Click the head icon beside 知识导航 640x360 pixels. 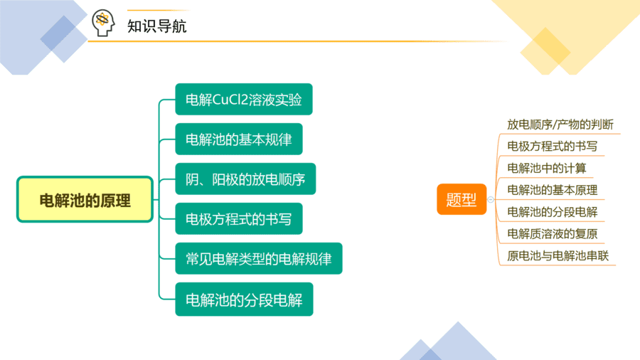[x=103, y=23]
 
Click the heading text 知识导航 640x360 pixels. [x=156, y=26]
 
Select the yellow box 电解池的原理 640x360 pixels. [x=85, y=200]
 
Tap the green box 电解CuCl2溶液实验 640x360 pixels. [x=244, y=99]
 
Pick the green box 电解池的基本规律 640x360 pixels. [x=239, y=139]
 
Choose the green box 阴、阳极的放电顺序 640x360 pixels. [x=245, y=179]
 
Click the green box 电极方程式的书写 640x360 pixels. [x=239, y=219]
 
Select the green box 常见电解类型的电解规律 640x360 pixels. [x=259, y=258]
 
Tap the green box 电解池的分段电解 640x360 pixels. [x=244, y=300]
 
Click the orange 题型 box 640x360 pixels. [x=462, y=199]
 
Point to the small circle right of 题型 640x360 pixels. [x=491, y=200]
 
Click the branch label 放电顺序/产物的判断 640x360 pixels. [x=560, y=125]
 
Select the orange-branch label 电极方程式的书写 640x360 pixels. [x=553, y=146]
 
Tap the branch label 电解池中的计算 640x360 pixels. [x=547, y=168]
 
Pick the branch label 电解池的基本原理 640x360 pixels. [x=553, y=190]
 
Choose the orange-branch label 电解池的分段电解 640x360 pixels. [x=553, y=212]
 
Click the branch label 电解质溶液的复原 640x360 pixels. [x=553, y=234]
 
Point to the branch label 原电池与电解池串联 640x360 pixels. [x=558, y=256]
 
